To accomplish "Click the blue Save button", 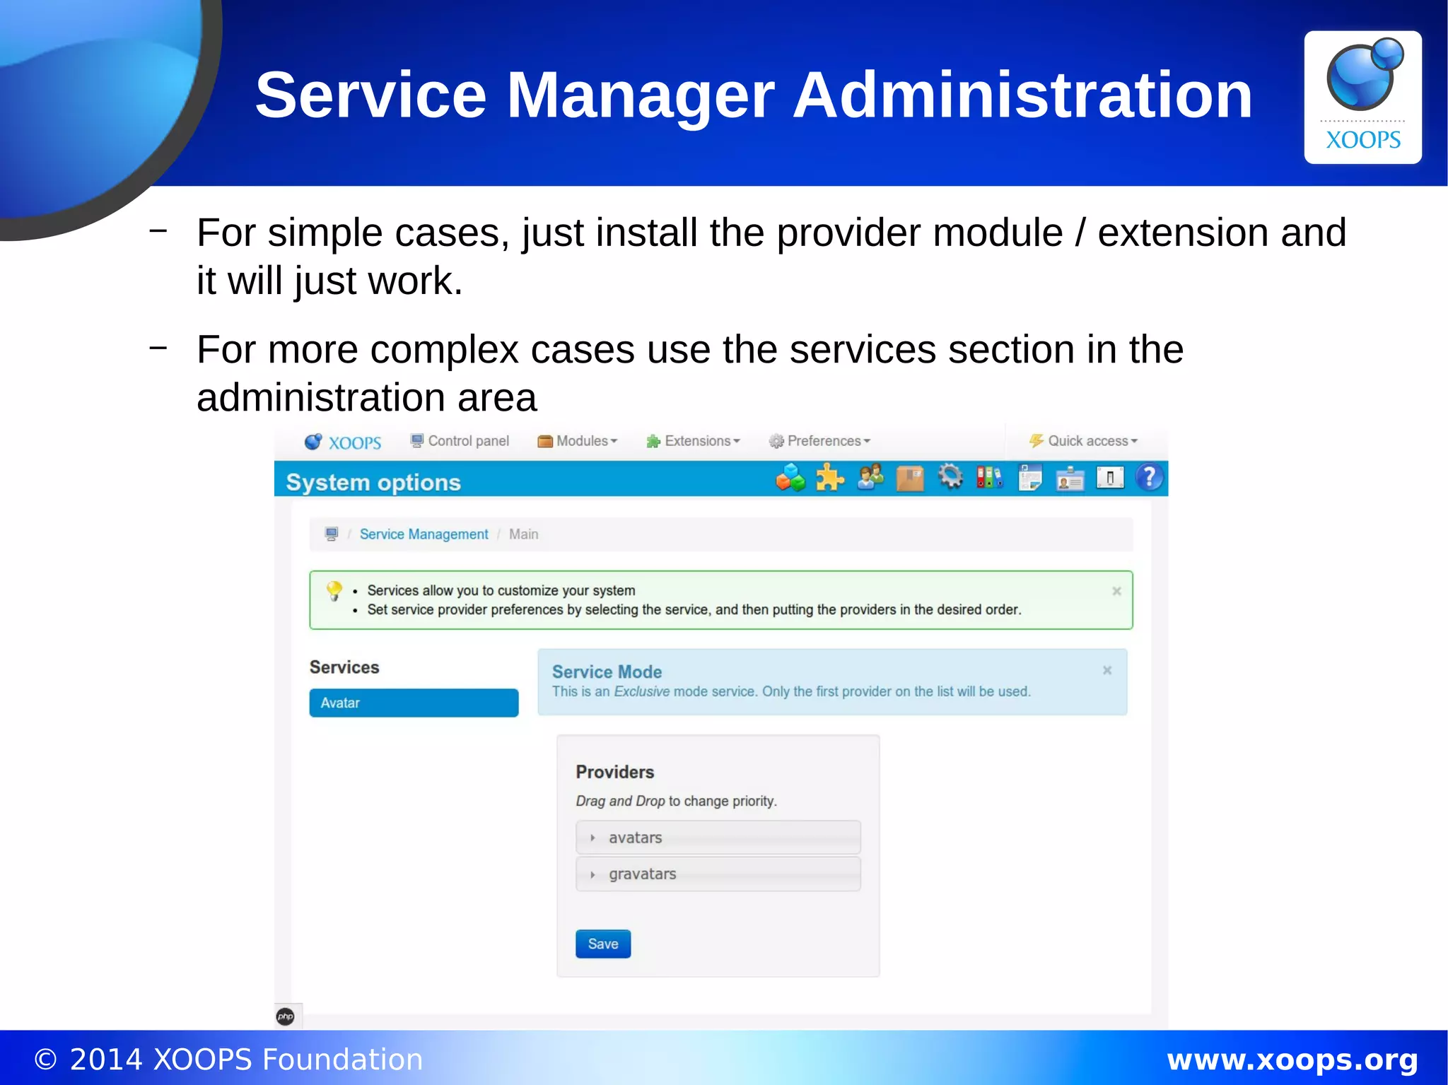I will [x=602, y=944].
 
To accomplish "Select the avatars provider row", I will [x=718, y=838].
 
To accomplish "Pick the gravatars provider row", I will [x=718, y=874].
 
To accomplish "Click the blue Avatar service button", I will [x=414, y=703].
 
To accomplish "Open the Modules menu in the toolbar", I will [x=578, y=441].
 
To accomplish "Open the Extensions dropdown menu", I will [x=693, y=441].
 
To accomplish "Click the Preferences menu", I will [x=819, y=441].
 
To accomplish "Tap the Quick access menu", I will [x=1083, y=441].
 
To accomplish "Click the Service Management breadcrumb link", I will [x=424, y=534].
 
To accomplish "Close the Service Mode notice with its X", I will [x=1107, y=670].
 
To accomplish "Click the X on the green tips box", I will [x=1116, y=591].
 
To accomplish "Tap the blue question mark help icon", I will [x=1150, y=478].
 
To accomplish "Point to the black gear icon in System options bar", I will [x=950, y=477].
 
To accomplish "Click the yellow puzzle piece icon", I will [x=830, y=478].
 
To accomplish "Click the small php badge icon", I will [x=286, y=1016].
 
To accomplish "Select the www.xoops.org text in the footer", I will [x=1292, y=1060].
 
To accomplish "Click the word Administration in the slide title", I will [x=1022, y=95].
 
